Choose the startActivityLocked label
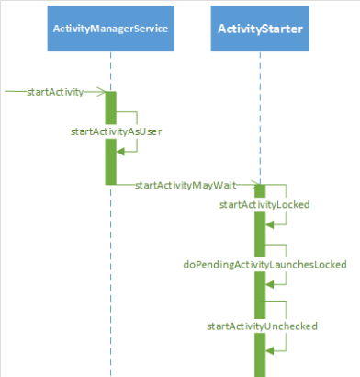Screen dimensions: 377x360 click(x=264, y=204)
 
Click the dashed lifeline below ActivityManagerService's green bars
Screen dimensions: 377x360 click(x=110, y=276)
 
